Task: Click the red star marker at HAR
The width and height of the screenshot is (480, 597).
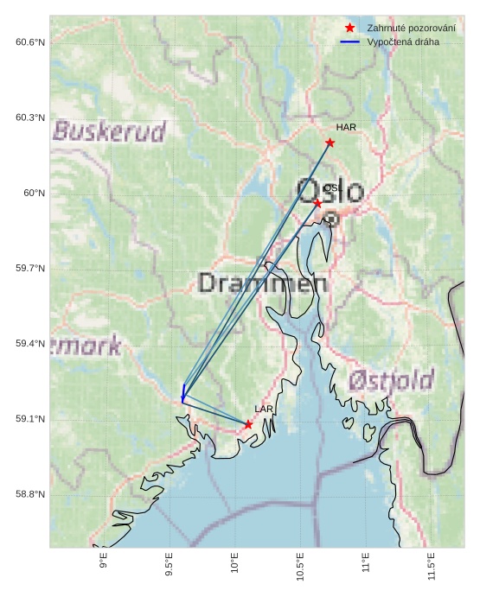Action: pos(330,143)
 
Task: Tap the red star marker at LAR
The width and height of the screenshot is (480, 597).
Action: pos(248,424)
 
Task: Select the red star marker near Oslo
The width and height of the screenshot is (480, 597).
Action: pos(317,203)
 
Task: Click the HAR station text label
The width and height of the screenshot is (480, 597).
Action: pos(346,128)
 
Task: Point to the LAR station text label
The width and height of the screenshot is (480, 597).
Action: pos(264,409)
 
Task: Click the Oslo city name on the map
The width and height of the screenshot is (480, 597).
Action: pos(330,191)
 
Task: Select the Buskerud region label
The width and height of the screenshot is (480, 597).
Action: pos(109,132)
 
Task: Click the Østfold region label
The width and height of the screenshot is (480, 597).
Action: pos(391,380)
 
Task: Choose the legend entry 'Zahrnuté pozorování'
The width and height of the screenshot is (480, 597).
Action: pos(411,29)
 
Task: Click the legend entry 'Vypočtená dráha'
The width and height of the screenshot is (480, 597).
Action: pos(402,41)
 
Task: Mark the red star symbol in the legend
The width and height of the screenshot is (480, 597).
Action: pos(349,29)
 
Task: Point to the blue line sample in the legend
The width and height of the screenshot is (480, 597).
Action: pos(349,41)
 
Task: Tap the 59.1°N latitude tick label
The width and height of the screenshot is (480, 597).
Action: pos(30,419)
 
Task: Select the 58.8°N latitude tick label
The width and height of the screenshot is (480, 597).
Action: pos(30,494)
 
